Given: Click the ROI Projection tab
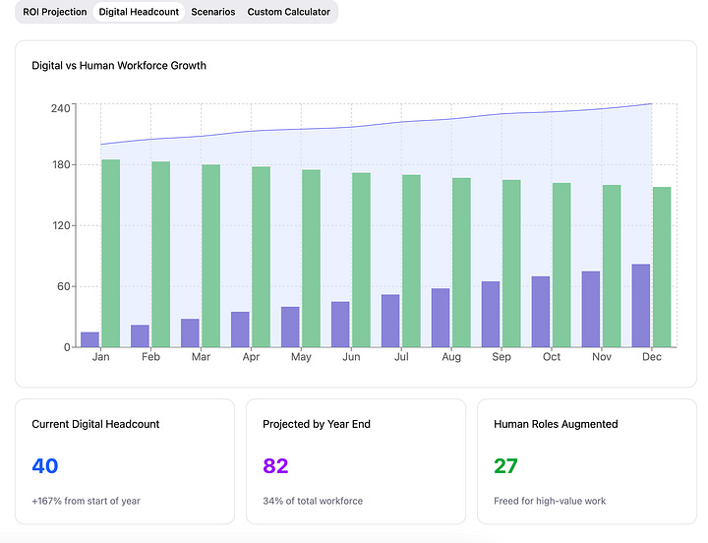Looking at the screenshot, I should pyautogui.click(x=55, y=12).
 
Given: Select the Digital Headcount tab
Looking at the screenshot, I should pyautogui.click(x=140, y=12).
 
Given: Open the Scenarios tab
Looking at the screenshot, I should pyautogui.click(x=213, y=12).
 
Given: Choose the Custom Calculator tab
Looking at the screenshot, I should pyautogui.click(x=288, y=12).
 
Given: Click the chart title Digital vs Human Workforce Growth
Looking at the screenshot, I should pyautogui.click(x=119, y=66).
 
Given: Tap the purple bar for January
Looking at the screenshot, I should pyautogui.click(x=89, y=339).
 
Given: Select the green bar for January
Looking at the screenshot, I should pyautogui.click(x=111, y=254).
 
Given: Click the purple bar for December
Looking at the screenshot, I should pyautogui.click(x=641, y=306).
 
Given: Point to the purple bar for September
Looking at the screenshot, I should pyautogui.click(x=491, y=315).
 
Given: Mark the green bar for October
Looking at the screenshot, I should pyautogui.click(x=561, y=266).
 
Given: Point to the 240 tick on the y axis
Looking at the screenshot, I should pyautogui.click(x=61, y=107).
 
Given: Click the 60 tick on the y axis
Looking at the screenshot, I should pyautogui.click(x=64, y=286).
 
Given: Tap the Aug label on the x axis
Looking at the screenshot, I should pyautogui.click(x=451, y=357).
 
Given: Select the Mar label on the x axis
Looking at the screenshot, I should pyautogui.click(x=201, y=357).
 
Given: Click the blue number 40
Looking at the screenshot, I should pyautogui.click(x=45, y=466).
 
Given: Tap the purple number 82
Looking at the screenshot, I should pyautogui.click(x=275, y=466).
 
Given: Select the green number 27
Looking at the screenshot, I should pyautogui.click(x=505, y=466).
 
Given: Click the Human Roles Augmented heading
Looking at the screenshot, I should pyautogui.click(x=556, y=424).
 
